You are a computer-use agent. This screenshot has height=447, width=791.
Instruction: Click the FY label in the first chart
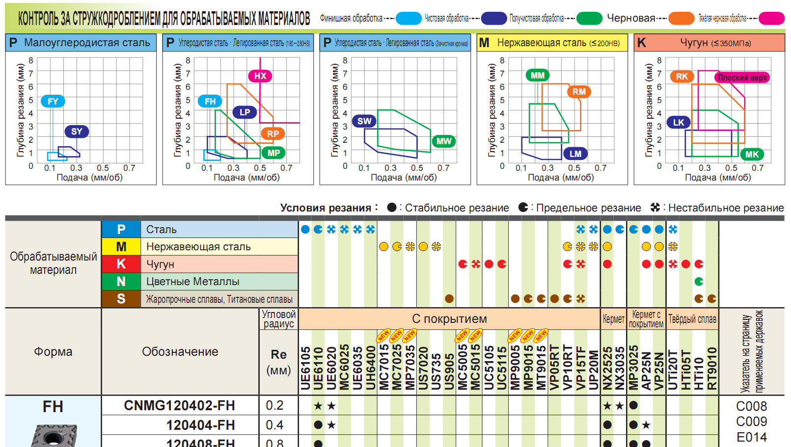pos(53,102)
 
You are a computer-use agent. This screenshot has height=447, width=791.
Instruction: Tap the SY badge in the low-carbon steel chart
pos(77,131)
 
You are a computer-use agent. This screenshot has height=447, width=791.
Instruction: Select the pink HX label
pos(260,76)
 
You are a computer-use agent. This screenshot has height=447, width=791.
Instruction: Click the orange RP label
pos(273,133)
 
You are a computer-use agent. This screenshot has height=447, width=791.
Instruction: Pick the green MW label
pos(443,141)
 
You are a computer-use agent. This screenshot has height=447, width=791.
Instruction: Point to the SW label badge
pos(364,121)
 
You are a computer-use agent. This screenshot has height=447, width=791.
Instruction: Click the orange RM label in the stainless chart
pos(579,92)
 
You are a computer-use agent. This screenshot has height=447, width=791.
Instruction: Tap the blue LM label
pos(575,154)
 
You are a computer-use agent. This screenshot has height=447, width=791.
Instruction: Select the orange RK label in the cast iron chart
pos(682,77)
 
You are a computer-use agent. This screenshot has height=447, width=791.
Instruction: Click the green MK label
pos(752,155)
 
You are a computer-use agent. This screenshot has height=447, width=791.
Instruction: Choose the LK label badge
pos(679,123)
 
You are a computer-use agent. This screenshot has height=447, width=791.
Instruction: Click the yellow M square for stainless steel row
pos(121,247)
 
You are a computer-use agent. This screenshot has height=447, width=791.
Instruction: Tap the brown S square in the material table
pos(121,299)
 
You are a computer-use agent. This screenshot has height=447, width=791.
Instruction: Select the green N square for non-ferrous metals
pos(121,282)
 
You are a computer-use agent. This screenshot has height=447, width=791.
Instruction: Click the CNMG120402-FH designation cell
pos(180,406)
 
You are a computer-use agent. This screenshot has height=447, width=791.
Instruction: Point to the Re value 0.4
pos(274,425)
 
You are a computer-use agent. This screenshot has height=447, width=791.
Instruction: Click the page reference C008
pos(751,406)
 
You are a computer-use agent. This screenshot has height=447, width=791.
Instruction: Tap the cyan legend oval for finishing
pos(409,19)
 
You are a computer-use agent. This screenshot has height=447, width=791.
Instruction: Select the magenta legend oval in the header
pos(771,19)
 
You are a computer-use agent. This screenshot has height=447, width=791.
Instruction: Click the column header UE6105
pos(305,368)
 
